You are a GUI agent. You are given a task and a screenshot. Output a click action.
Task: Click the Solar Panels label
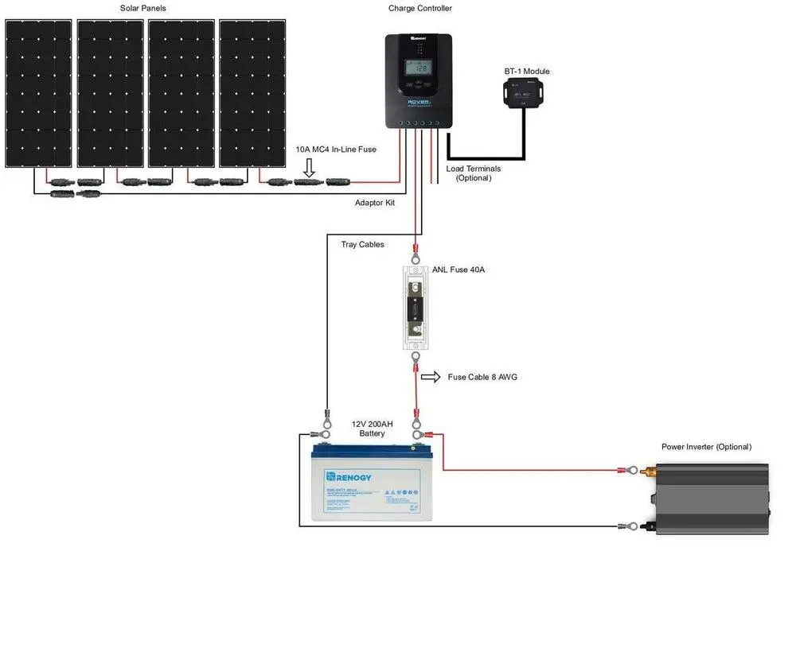click(143, 8)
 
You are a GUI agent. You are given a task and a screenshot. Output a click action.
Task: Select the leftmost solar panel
click(38, 93)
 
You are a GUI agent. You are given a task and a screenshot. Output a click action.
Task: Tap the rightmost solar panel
click(253, 93)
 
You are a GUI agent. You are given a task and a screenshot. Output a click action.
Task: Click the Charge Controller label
click(419, 8)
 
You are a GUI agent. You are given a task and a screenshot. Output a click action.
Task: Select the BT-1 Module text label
click(527, 72)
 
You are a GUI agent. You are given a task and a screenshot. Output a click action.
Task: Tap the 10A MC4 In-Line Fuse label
click(336, 149)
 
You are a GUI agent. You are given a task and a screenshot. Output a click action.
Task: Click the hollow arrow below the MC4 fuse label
click(310, 167)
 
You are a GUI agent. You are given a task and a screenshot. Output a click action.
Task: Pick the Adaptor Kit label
click(375, 203)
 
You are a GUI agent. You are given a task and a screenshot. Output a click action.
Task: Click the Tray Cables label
click(363, 245)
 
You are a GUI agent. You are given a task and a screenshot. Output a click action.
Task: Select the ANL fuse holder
click(415, 308)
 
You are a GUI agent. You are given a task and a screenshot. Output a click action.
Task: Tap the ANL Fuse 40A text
click(458, 270)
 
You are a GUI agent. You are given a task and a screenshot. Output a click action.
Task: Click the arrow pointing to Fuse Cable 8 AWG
click(430, 377)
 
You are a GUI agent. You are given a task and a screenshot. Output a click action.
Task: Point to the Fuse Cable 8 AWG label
click(482, 377)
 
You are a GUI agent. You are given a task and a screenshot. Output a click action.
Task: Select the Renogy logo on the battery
click(349, 477)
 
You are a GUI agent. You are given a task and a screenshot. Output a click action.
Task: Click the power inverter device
click(712, 499)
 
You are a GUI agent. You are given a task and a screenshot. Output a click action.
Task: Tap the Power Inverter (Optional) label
click(706, 447)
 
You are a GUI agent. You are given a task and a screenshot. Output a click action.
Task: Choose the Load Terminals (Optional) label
click(474, 173)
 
